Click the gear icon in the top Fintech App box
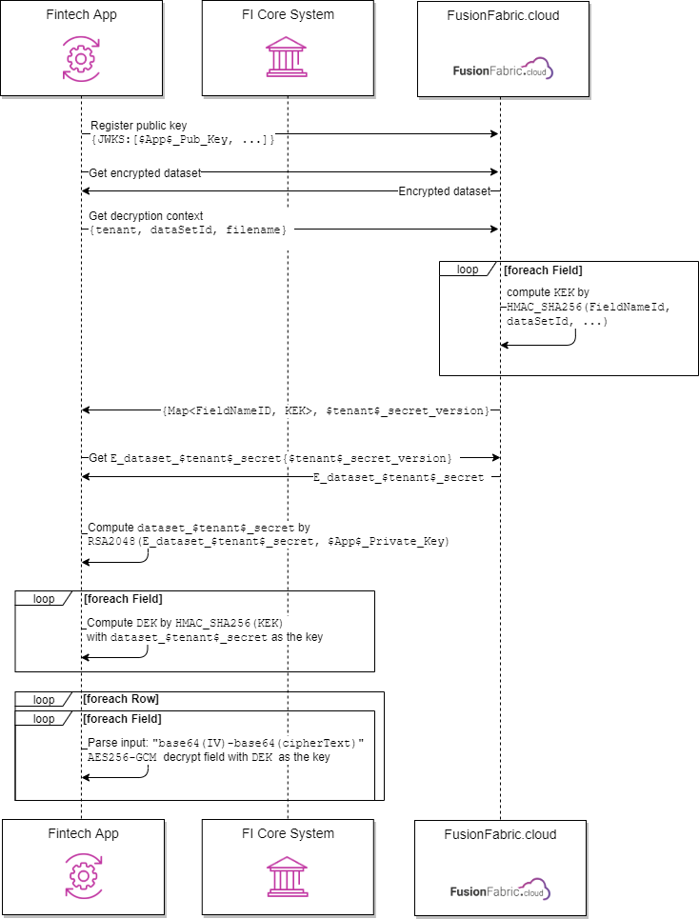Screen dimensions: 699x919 tap(81, 59)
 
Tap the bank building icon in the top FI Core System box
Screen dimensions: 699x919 tap(287, 57)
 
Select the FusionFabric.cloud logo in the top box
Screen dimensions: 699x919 tap(503, 70)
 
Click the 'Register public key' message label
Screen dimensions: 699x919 tap(139, 126)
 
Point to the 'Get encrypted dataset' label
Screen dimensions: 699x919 tap(145, 173)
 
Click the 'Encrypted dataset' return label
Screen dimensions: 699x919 tap(444, 191)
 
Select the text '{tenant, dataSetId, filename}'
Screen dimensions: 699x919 tap(188, 230)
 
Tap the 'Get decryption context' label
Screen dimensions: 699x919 tap(146, 215)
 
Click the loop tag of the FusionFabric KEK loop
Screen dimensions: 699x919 tap(467, 270)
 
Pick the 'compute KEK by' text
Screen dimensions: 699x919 tap(548, 291)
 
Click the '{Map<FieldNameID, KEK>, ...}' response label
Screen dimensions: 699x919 tap(326, 410)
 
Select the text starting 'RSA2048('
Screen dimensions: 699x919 tap(269, 541)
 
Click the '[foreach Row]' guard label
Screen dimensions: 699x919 tap(121, 699)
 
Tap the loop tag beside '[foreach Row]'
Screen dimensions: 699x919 tap(44, 699)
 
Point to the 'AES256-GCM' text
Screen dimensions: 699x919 tap(122, 757)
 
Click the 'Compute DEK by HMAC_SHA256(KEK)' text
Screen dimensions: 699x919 tap(185, 623)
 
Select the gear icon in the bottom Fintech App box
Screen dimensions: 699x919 tap(83, 876)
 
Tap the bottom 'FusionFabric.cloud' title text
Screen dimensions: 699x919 tap(500, 834)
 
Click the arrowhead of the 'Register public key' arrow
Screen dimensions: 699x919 tap(494, 133)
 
